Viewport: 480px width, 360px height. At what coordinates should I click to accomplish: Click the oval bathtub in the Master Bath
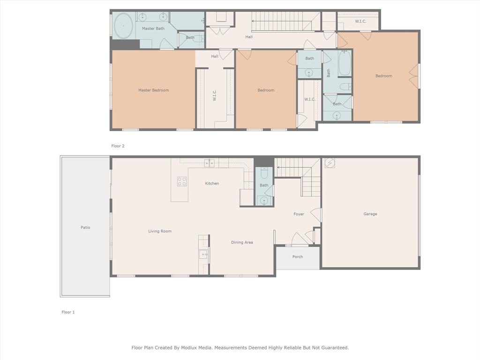tap(123, 25)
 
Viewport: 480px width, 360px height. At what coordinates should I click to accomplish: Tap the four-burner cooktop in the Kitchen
tap(181, 181)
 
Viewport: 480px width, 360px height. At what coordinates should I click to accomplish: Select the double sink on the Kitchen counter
tap(209, 163)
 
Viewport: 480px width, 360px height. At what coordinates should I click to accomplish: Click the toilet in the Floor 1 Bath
tap(264, 173)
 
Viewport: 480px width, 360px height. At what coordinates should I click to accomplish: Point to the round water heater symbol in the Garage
tap(330, 163)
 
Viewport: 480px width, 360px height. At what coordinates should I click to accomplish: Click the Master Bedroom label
tap(153, 90)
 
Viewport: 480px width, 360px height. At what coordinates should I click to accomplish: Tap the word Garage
tap(370, 214)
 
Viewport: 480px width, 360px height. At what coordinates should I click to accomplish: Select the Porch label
tap(297, 256)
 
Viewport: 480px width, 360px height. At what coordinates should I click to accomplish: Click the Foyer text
tap(299, 214)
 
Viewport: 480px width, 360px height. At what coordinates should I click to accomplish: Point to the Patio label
tap(85, 227)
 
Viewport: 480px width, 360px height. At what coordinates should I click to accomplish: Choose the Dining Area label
tap(242, 242)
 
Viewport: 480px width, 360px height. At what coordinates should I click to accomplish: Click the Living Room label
tap(160, 231)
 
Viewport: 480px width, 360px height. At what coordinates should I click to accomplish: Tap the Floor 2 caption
tap(118, 146)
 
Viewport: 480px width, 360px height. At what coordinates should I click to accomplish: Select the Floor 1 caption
tap(68, 312)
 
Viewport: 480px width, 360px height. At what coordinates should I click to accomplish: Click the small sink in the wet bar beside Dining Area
tap(203, 255)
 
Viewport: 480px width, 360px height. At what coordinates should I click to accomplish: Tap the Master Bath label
tap(153, 29)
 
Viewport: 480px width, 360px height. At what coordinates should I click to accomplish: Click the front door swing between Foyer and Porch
tap(299, 239)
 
